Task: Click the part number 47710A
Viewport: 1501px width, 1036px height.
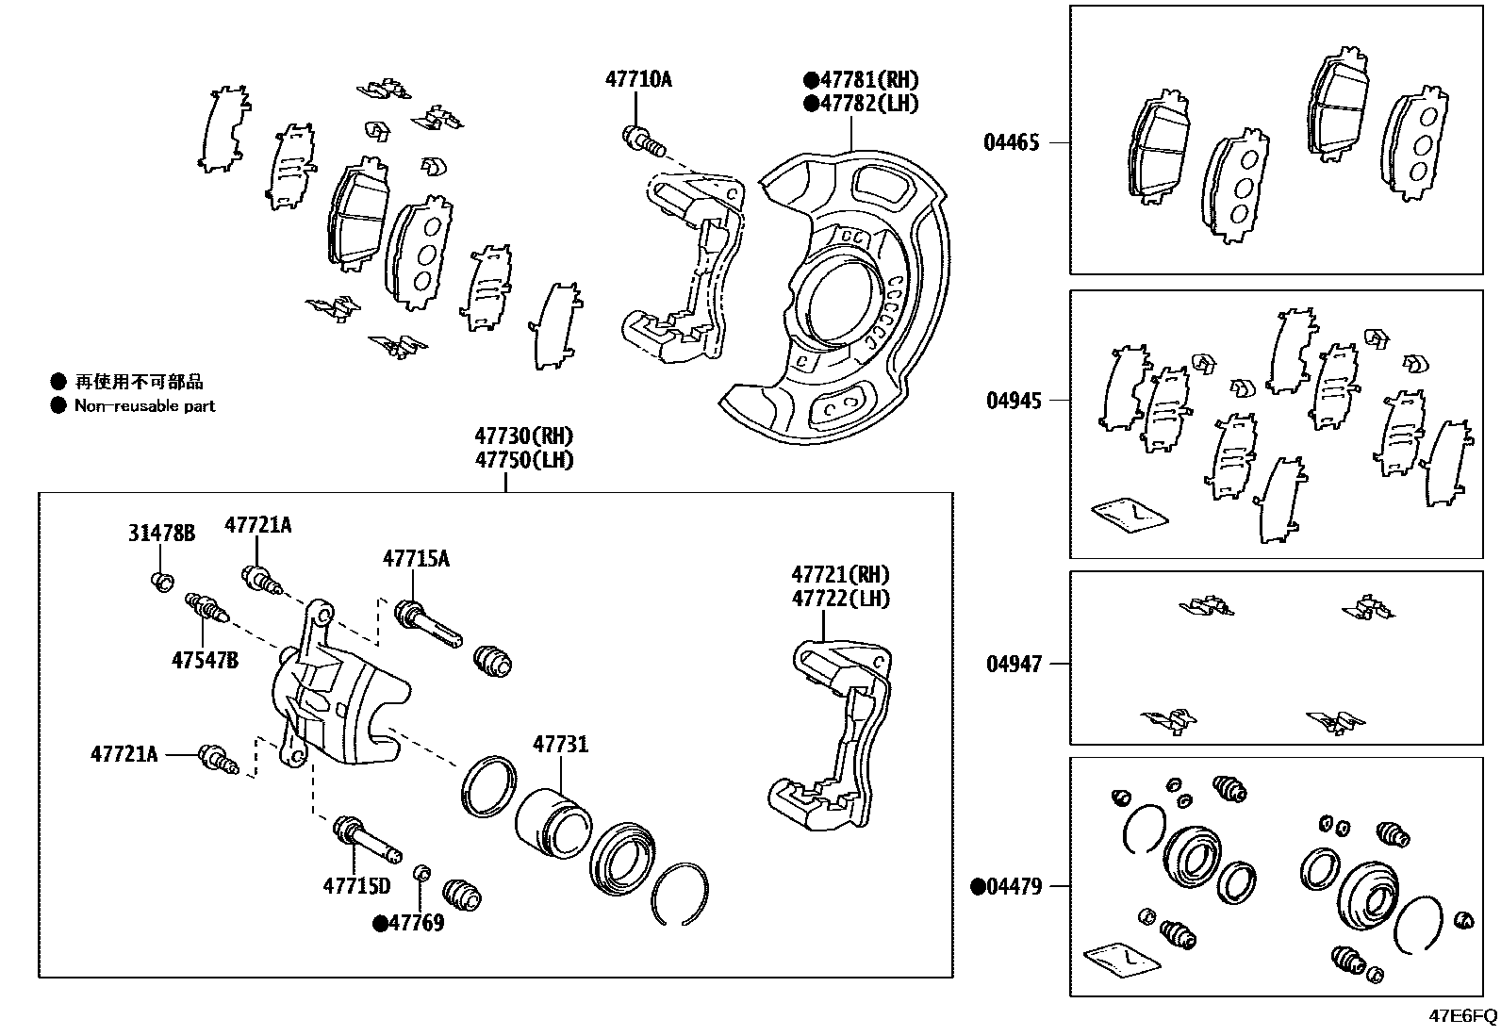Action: pos(638,79)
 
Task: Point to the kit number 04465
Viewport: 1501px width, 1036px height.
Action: pos(1012,143)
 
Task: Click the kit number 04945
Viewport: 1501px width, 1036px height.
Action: pos(1014,401)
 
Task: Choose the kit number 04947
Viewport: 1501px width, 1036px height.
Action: pos(1014,665)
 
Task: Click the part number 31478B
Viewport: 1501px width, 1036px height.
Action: pos(161,534)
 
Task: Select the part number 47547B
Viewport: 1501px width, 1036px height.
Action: pos(205,660)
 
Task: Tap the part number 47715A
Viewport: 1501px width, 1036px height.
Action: pos(416,559)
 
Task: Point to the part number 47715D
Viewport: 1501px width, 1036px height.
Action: pos(356,886)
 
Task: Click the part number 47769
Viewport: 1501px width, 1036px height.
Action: pos(416,923)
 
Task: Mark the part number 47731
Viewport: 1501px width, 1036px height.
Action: pos(560,745)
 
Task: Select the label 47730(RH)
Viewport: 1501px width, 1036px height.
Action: pos(523,436)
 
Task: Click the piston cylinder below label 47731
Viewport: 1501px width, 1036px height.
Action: pos(553,822)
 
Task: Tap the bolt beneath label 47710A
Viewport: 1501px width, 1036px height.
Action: pos(644,140)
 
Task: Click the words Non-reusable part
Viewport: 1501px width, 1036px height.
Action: pos(144,406)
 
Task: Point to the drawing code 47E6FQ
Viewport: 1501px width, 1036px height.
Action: pos(1462,1016)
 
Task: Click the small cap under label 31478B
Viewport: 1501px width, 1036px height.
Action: pos(161,581)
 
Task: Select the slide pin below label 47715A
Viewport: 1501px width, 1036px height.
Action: pos(429,622)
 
